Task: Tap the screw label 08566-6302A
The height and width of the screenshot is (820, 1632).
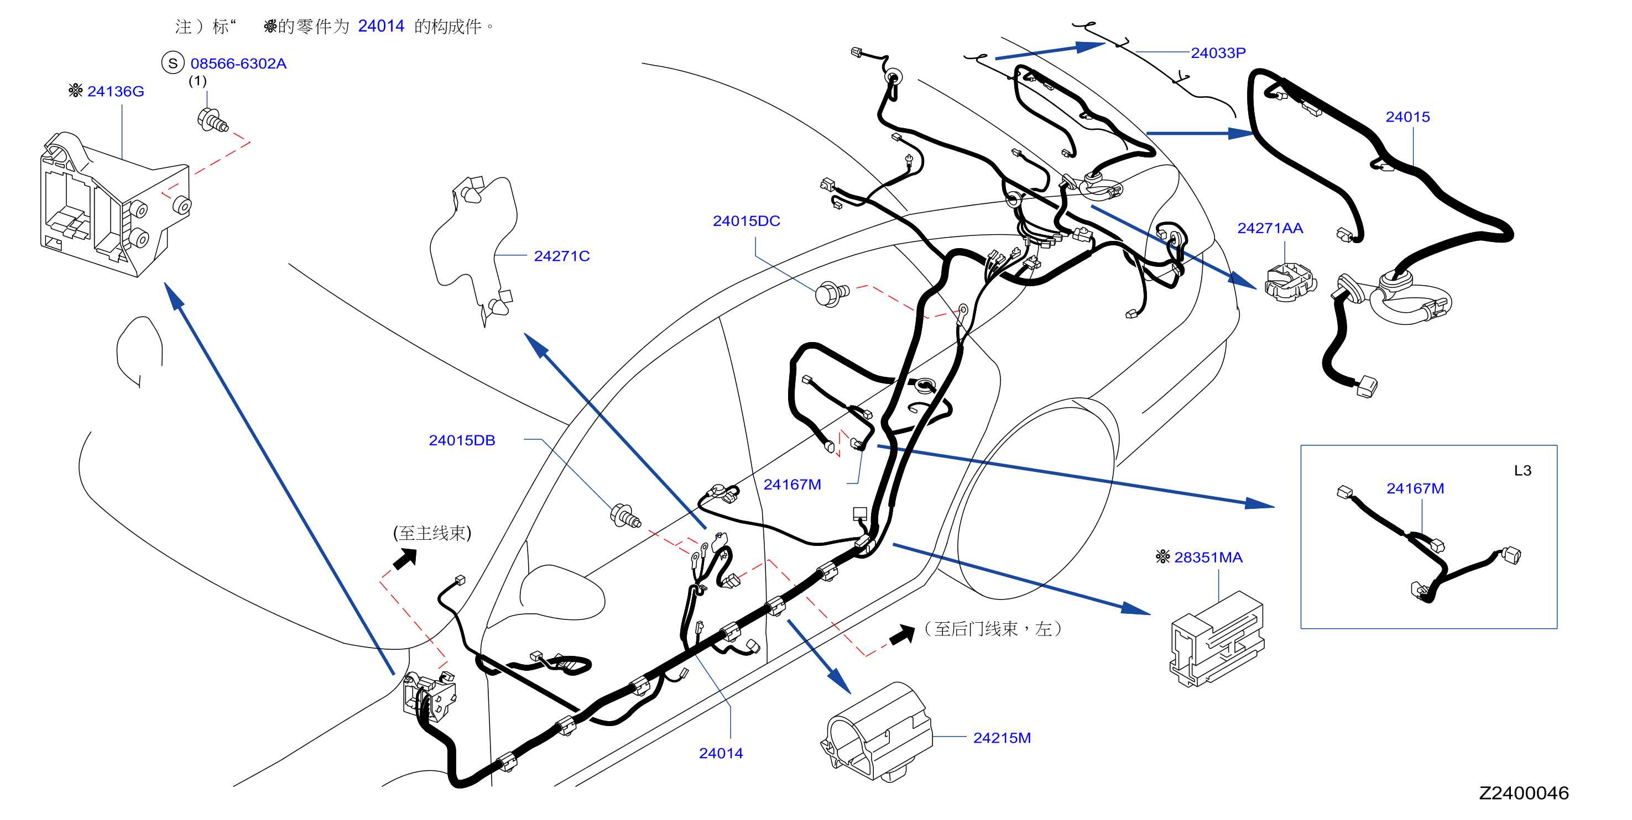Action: pyautogui.click(x=238, y=64)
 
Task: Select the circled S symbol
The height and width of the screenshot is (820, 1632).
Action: pyautogui.click(x=173, y=62)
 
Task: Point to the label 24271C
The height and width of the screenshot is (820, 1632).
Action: pyautogui.click(x=561, y=256)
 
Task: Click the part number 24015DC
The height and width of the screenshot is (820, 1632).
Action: pyautogui.click(x=745, y=221)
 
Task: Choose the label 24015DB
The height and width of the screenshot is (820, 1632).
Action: pyautogui.click(x=462, y=440)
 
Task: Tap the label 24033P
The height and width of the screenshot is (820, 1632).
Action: pyautogui.click(x=1218, y=52)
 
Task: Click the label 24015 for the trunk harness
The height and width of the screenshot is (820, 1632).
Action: pyautogui.click(x=1407, y=117)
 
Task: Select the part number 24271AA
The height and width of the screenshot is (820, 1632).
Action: pyautogui.click(x=1270, y=228)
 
